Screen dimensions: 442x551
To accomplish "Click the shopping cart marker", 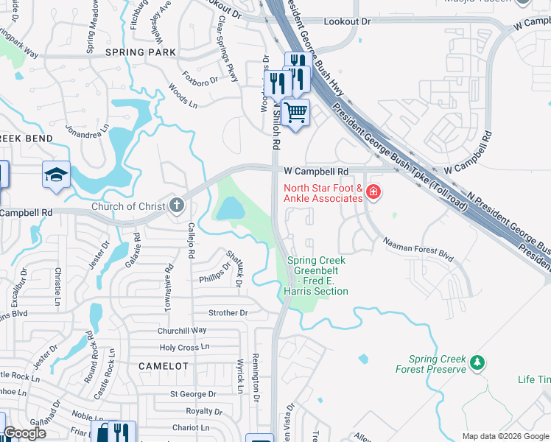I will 295,113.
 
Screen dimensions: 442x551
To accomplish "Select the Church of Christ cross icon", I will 176,206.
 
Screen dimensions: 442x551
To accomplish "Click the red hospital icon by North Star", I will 373,193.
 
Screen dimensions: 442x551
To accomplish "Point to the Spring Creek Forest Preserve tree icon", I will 478,362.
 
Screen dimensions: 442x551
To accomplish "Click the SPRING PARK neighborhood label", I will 141,52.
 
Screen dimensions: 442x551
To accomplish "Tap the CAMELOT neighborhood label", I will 164,365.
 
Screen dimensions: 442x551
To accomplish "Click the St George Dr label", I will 193,394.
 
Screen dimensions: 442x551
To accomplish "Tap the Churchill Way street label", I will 182,331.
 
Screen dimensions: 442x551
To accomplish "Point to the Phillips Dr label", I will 216,279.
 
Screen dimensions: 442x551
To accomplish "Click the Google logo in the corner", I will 24,433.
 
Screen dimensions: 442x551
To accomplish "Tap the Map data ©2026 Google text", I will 505,436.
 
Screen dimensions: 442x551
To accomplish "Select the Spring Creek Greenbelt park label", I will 316,276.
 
